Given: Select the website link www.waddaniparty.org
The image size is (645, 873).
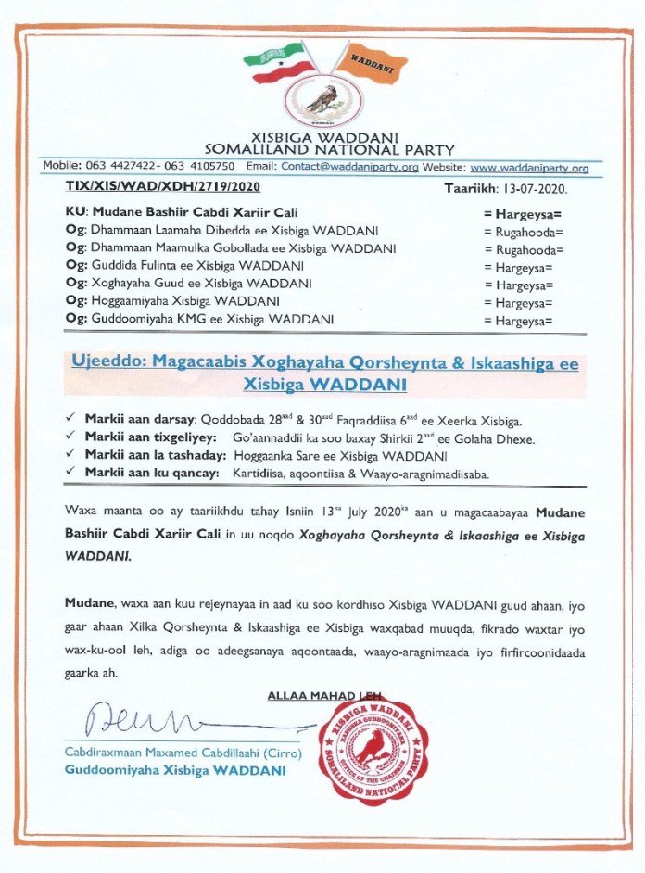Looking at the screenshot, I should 529,168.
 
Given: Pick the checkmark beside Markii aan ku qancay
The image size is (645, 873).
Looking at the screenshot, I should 72,474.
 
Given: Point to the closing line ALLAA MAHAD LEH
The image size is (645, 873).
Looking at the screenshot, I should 324,695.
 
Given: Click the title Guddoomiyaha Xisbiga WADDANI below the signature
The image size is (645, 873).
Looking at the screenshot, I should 174,769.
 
